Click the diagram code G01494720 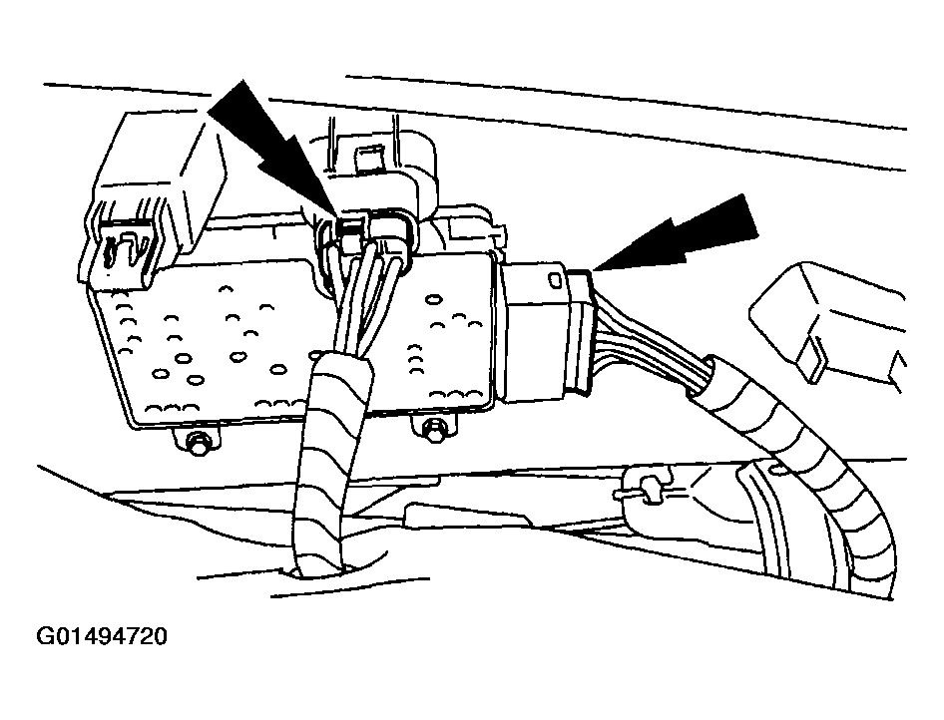(x=102, y=636)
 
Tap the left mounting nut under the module (x=196, y=442)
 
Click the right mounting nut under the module (x=432, y=431)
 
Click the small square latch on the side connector (x=554, y=279)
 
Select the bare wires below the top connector (x=355, y=301)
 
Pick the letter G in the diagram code (x=45, y=636)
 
